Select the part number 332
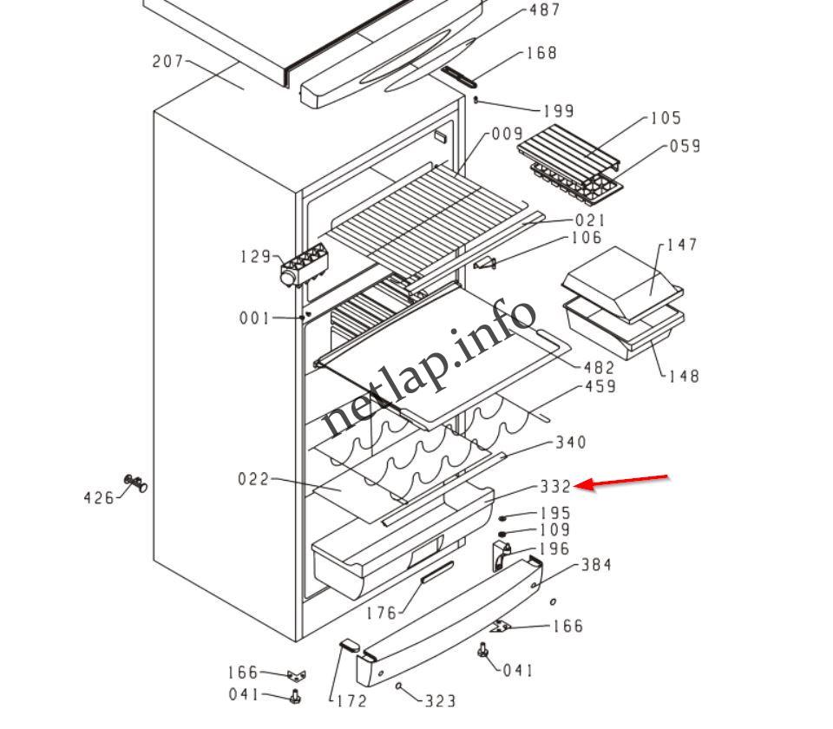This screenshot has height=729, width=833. [x=555, y=487]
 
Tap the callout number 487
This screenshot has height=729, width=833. [x=545, y=10]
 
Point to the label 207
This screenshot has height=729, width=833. [x=167, y=62]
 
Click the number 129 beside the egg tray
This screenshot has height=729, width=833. [x=256, y=257]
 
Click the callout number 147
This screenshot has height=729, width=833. [x=682, y=246]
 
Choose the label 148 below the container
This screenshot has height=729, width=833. [x=684, y=377]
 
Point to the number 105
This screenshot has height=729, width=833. [x=666, y=118]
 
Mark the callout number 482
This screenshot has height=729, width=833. [x=600, y=368]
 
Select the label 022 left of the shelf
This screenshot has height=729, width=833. [x=253, y=479]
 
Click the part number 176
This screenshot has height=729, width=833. [x=381, y=613]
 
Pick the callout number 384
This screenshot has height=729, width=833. [x=596, y=565]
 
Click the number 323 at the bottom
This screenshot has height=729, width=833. [x=441, y=699]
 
